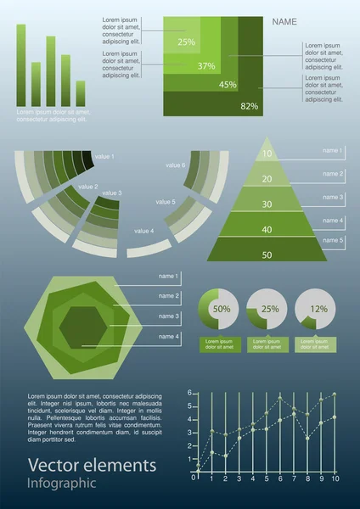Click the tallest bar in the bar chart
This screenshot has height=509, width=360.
pos(21,64)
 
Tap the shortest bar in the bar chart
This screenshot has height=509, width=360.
pos(81,93)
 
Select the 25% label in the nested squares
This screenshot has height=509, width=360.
pos(187,41)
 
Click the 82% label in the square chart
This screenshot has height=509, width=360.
pos(249,106)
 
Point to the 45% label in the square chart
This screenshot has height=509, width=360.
pos(228,85)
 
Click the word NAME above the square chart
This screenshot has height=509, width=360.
pos(284,22)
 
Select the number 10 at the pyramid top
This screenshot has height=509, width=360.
pos(267,154)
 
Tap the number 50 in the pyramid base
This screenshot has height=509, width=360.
pos(267,255)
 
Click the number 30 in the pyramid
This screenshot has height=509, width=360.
pos(267,204)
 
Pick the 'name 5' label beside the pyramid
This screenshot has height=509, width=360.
pos(332,241)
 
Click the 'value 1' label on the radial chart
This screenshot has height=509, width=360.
pos(104,157)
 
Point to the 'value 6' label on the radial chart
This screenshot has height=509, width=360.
pos(176,165)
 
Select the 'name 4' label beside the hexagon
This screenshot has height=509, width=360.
pos(169,337)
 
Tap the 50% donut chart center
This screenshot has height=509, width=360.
pos(221,310)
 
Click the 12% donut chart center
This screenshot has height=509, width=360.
pos(318,310)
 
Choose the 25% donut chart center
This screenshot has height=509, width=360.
pos(270,310)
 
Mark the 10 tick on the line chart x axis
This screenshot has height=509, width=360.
pos(335,479)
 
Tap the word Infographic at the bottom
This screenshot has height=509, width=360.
pos(62,484)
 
